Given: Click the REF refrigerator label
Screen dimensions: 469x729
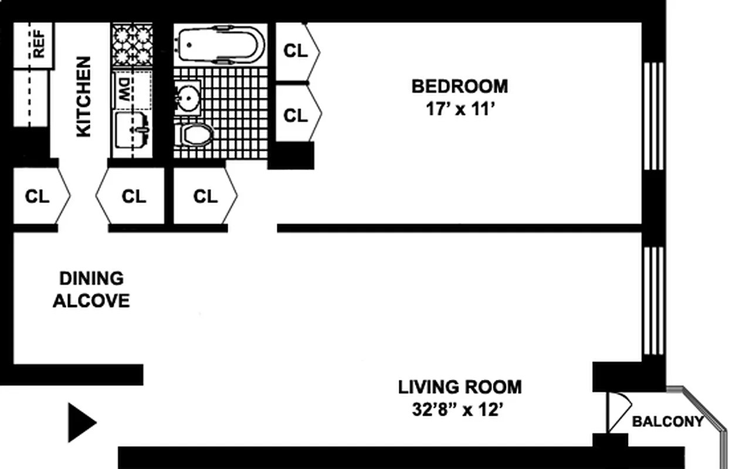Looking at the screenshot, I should (39, 43).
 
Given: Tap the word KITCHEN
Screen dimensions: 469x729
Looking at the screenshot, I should (84, 97).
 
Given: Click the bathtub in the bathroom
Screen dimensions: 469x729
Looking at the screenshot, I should (219, 43).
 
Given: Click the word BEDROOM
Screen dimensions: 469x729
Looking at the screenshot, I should (459, 86).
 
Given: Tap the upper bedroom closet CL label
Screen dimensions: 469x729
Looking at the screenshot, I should (296, 51).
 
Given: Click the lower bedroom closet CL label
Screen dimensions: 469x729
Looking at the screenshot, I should (296, 115).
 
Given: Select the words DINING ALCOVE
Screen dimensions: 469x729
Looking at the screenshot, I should (91, 290).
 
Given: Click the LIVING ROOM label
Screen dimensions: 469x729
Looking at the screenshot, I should (459, 387).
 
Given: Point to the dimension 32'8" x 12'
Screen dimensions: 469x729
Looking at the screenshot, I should (458, 410).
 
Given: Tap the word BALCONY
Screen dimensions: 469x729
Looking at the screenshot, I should (667, 422).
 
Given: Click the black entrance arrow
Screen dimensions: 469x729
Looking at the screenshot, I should (81, 422).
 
